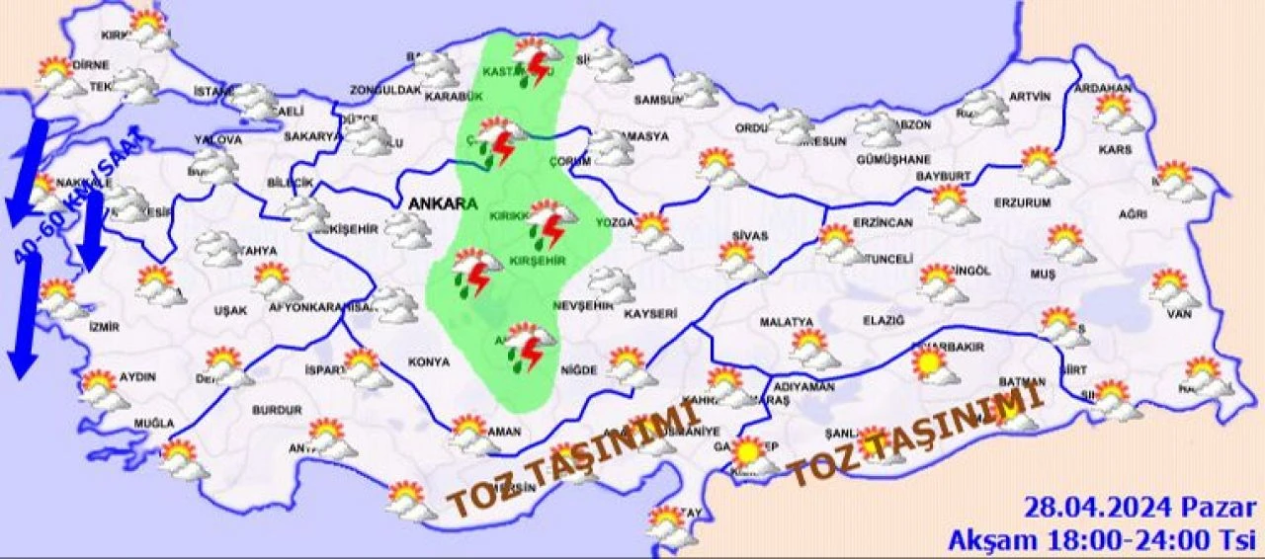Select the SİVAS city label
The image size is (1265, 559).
pos(751,234)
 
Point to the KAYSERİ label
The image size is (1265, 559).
pos(649,314)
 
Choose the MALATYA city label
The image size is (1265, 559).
pos(786,322)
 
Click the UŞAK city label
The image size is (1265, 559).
pos(230,310)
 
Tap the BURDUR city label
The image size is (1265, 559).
pos(277,409)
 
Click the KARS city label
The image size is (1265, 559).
pos(1114,151)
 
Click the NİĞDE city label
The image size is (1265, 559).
pos(579,370)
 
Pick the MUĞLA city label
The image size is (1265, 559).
pos(154,424)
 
